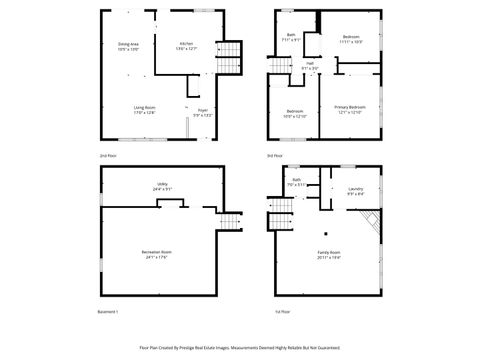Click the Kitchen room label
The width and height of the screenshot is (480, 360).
[x=186, y=45]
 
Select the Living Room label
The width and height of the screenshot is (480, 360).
[x=144, y=109]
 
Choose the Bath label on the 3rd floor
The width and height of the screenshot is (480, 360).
[x=291, y=37]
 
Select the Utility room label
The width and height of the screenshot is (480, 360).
[x=161, y=186]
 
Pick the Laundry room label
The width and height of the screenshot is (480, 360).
[x=355, y=191]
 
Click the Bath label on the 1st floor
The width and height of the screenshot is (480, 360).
[x=297, y=183]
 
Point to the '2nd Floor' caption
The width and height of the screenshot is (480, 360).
[x=106, y=156]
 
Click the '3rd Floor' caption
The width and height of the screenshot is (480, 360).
[x=274, y=156]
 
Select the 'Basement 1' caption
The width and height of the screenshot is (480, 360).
[x=109, y=312]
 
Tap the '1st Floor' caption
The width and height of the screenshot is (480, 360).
[x=282, y=312]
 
